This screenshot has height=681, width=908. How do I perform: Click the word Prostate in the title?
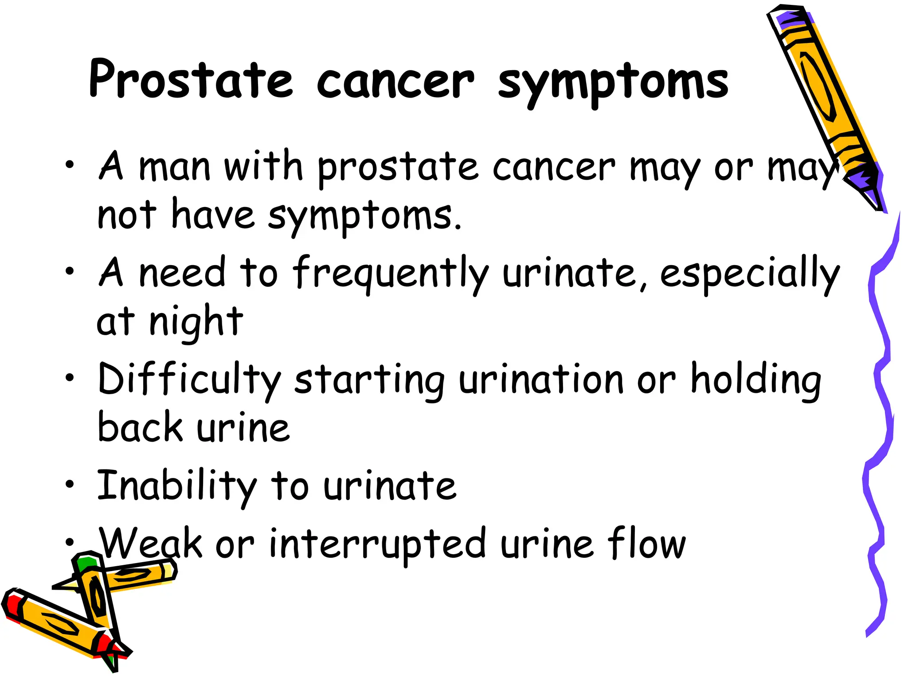(x=191, y=80)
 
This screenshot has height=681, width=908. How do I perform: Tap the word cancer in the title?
(x=395, y=82)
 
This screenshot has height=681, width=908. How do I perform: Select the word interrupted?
(x=377, y=544)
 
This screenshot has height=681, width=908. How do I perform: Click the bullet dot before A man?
(x=69, y=165)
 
